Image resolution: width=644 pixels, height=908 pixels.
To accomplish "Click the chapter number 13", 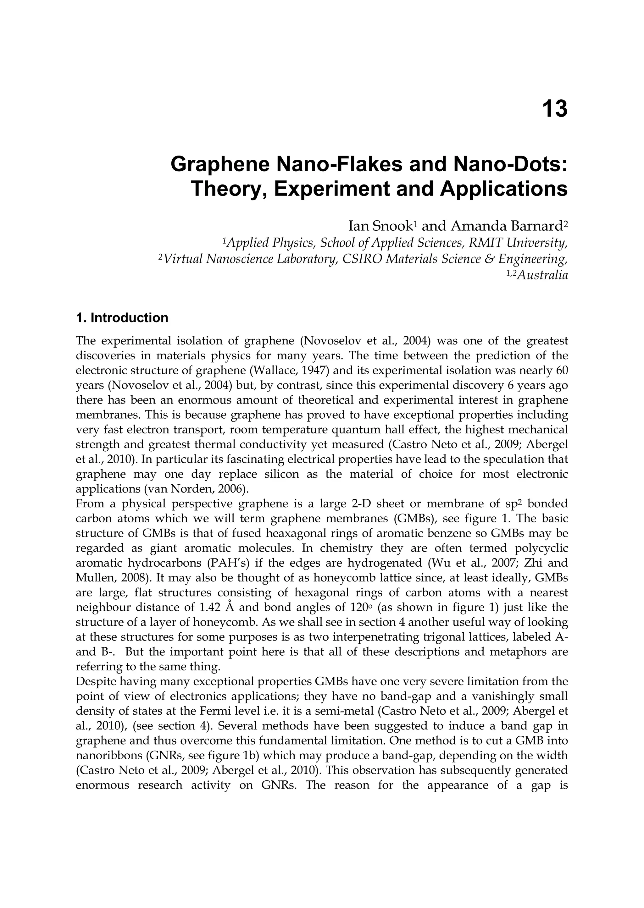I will (x=554, y=109).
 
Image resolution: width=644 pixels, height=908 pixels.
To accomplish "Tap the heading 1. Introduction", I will (x=122, y=318).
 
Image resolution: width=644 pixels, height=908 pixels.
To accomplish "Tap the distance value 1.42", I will (x=209, y=608).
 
